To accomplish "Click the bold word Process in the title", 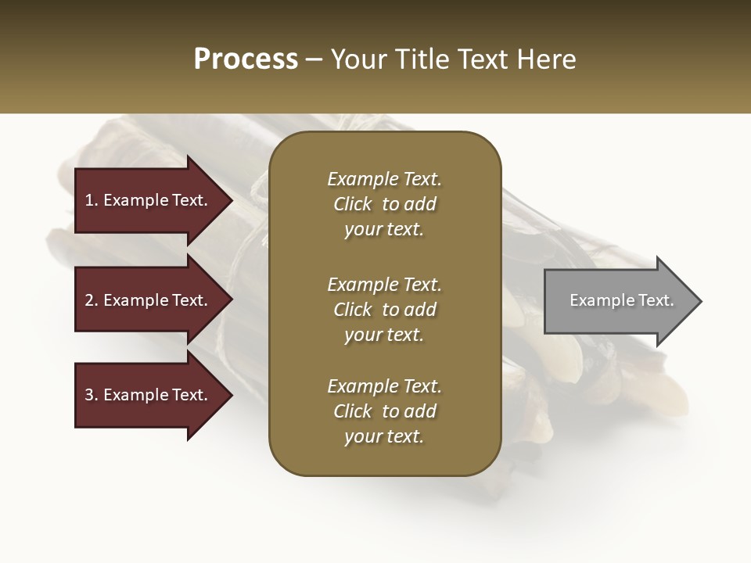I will click(246, 59).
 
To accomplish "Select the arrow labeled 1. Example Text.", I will click(149, 200).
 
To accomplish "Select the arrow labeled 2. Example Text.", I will click(149, 300).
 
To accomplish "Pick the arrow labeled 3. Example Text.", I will click(149, 395).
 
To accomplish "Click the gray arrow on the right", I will click(618, 301).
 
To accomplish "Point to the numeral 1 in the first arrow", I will click(89, 200).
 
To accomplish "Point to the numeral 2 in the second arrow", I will click(89, 300).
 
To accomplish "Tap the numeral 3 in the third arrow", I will click(89, 395).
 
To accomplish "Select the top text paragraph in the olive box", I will click(384, 204).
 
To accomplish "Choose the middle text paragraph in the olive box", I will click(384, 310).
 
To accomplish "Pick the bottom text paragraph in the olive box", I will click(384, 411).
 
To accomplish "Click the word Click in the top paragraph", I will click(353, 204).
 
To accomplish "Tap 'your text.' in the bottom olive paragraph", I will click(384, 436).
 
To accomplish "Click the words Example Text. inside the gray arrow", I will click(621, 300).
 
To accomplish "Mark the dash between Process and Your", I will click(314, 60).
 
